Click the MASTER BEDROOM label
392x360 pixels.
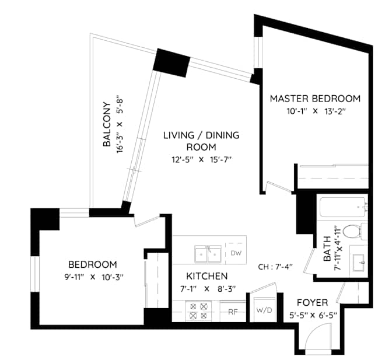coord(314,99)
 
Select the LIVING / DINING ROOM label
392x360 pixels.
coord(201,141)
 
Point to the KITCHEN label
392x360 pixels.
coord(206,275)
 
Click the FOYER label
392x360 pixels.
coord(312,303)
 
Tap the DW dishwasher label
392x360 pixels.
coord(236,253)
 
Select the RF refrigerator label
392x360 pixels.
coord(232,312)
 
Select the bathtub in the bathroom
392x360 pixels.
coord(342,207)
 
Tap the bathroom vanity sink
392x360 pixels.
coord(358,260)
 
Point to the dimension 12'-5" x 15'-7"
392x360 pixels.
coord(201,159)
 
